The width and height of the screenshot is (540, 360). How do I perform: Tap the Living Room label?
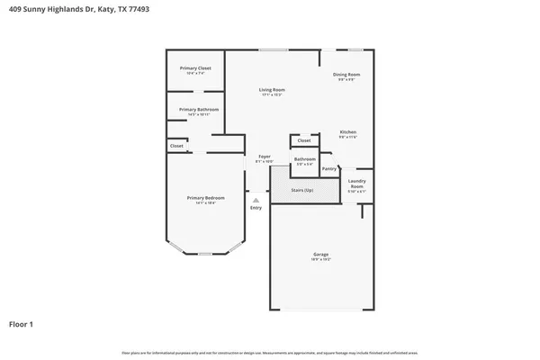coord(272,89)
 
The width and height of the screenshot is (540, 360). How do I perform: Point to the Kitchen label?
coord(347,132)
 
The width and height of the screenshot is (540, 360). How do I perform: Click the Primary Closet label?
coord(195,67)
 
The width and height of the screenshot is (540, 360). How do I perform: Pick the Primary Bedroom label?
coord(206,197)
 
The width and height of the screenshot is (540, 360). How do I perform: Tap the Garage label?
coord(320,254)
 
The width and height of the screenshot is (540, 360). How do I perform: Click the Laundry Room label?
coord(356,184)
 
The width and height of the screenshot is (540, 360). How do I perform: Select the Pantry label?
coord(329,168)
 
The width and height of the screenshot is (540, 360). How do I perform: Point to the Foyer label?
coord(265,157)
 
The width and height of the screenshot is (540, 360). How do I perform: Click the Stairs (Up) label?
coord(302,190)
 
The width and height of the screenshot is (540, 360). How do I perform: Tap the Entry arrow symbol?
coord(256,200)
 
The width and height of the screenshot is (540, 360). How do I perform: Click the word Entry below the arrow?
coord(256,208)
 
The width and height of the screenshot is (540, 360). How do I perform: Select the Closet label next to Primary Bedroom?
coord(176,146)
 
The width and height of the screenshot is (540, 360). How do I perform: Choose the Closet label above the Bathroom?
coord(304,140)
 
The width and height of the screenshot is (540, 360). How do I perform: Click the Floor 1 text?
coord(22,323)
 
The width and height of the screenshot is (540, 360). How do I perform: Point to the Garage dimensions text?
coord(321,259)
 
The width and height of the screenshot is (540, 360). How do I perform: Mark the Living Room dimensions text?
coord(272,94)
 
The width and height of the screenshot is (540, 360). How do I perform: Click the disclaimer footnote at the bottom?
coord(270,353)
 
